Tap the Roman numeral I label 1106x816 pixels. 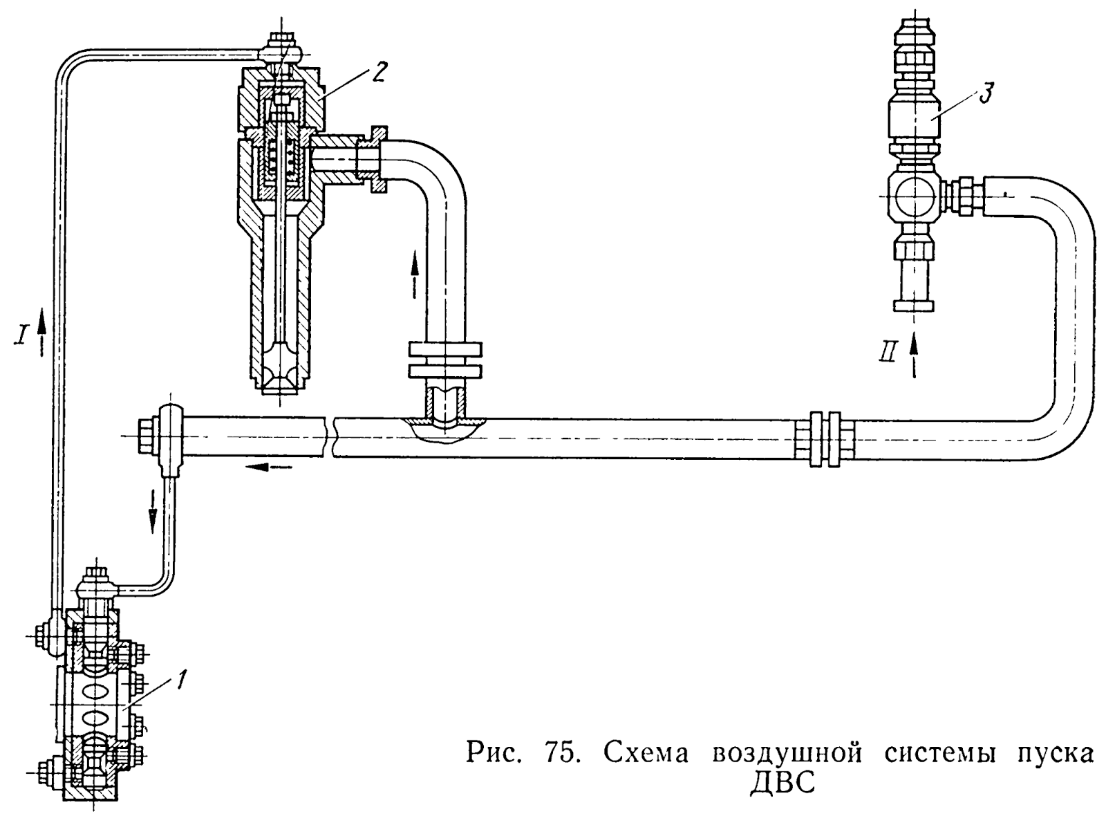[23, 337]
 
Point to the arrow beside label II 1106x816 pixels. [916, 355]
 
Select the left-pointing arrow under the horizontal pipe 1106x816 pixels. [268, 467]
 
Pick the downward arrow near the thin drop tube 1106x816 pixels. [153, 510]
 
